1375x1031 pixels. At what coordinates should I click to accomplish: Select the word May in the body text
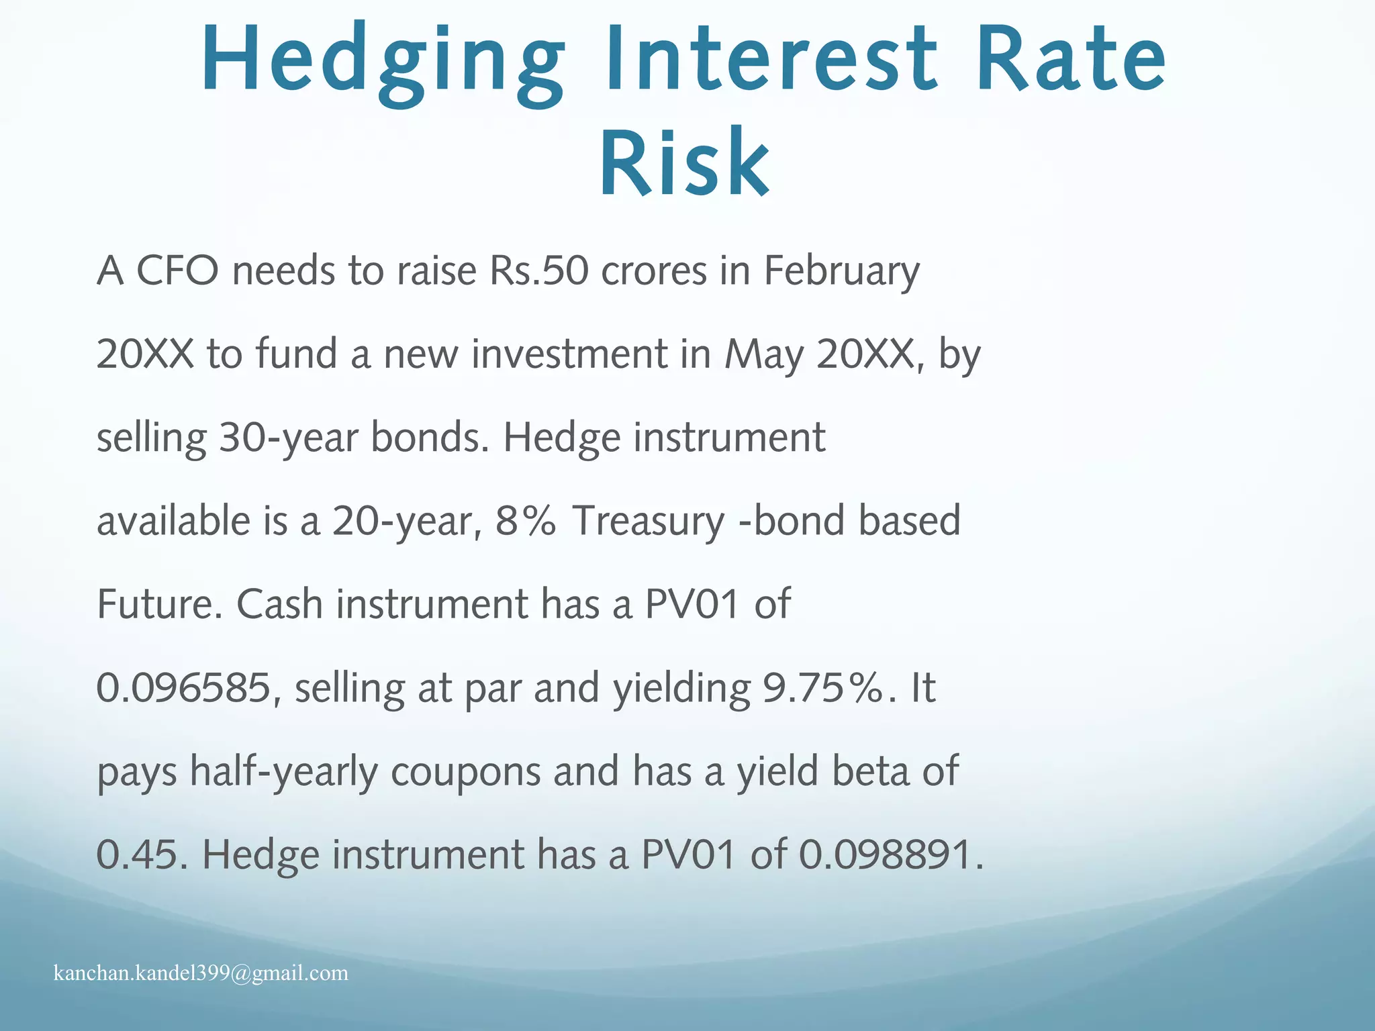[x=764, y=356]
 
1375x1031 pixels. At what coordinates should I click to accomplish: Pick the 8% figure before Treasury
[x=526, y=522]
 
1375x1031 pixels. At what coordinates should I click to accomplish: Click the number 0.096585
[x=183, y=688]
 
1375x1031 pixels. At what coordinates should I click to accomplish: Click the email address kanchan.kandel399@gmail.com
[x=201, y=973]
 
